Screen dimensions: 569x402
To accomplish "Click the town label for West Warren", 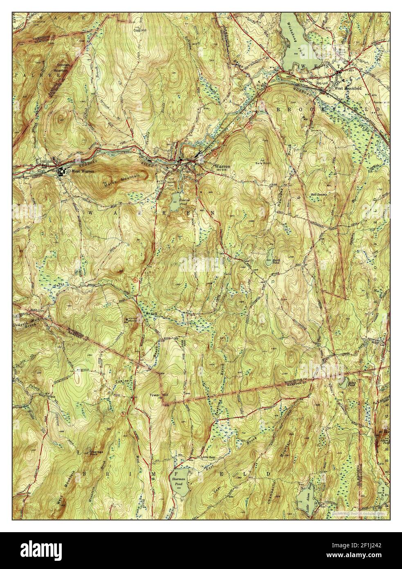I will (81, 172).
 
